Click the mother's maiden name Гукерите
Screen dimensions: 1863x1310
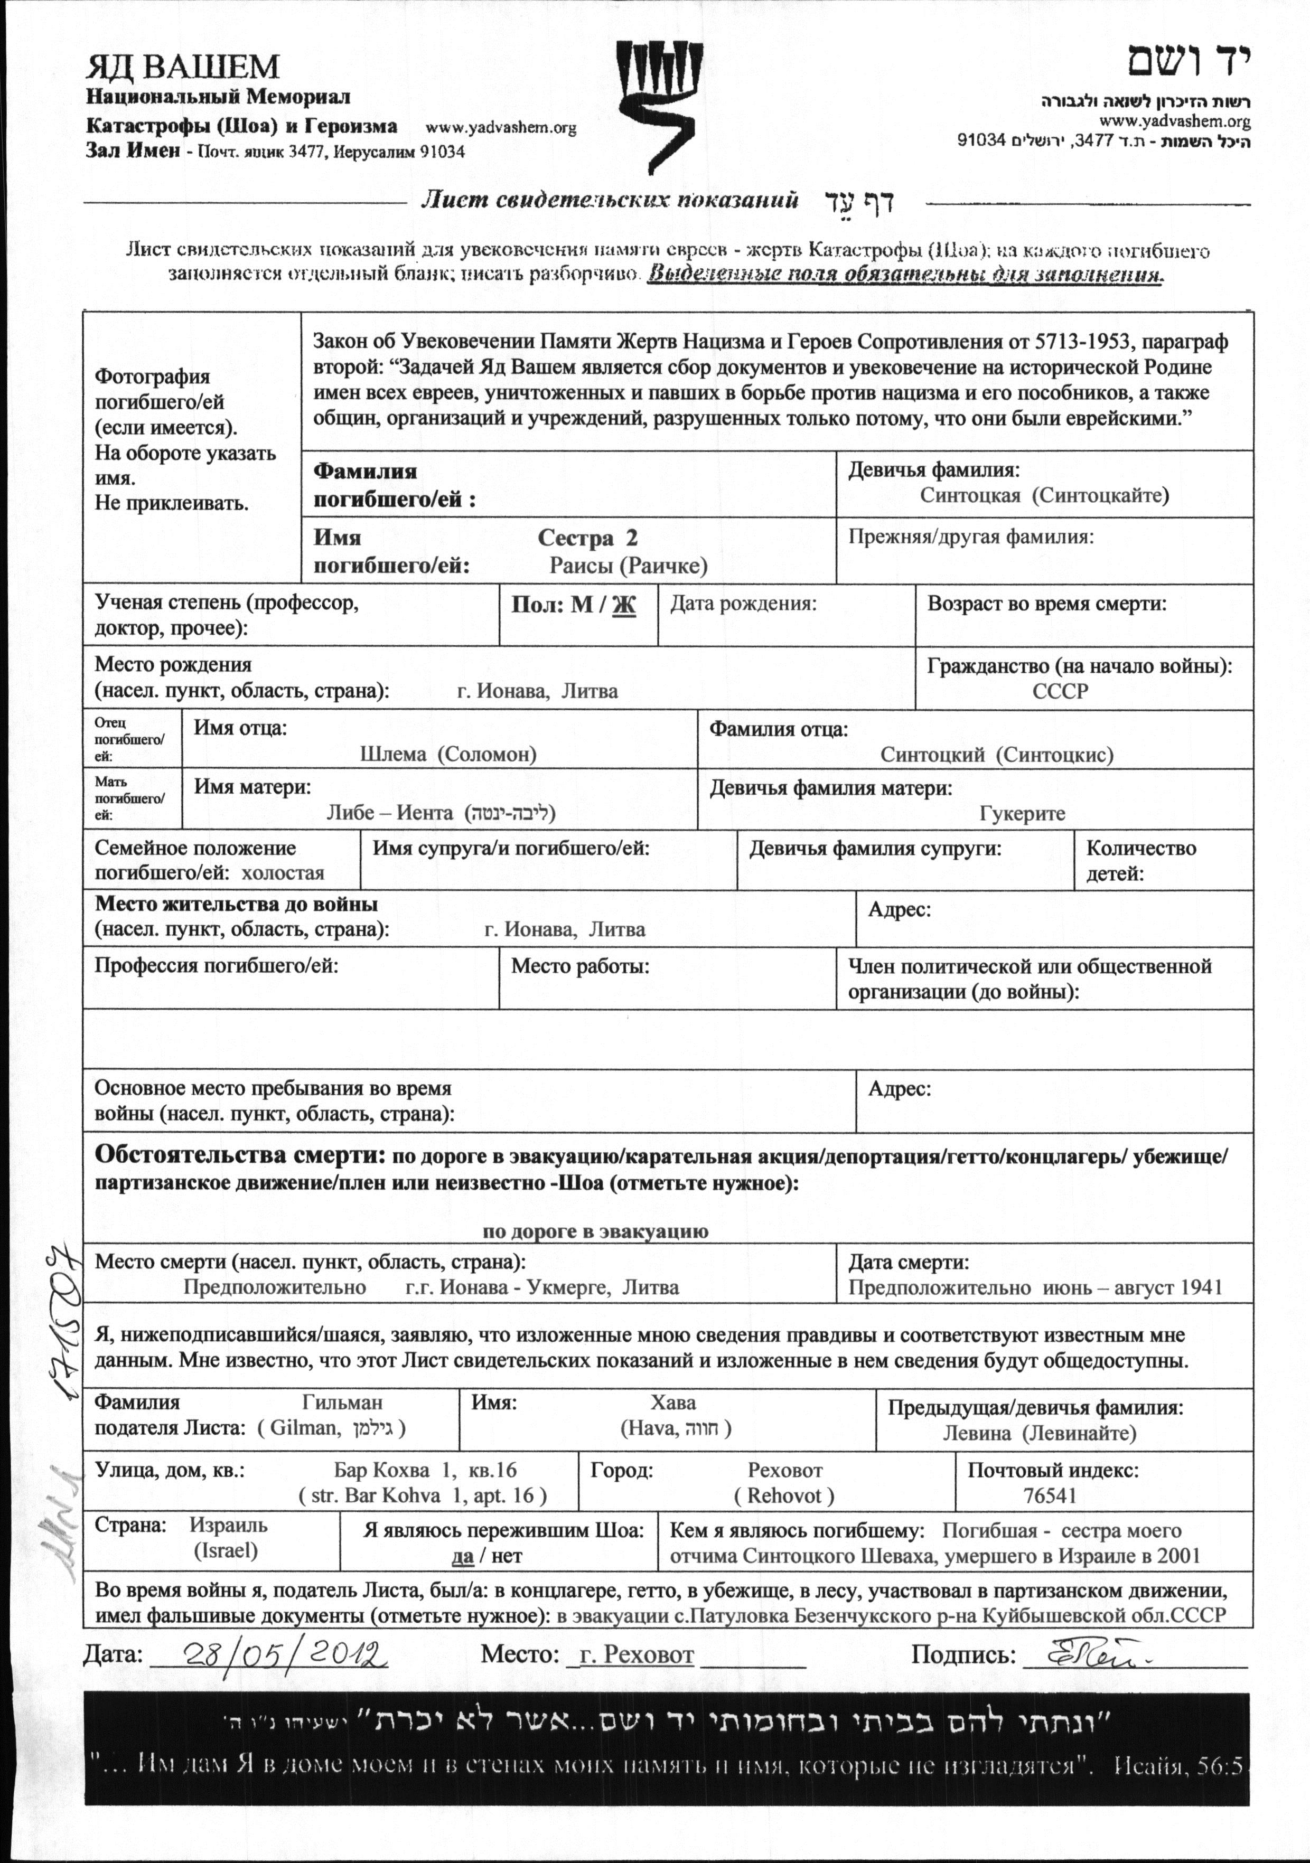point(1022,813)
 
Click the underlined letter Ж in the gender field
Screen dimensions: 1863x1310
point(623,605)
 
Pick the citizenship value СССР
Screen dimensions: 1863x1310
point(1060,691)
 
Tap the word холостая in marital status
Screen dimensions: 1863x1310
point(283,873)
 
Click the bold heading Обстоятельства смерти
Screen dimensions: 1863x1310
point(239,1155)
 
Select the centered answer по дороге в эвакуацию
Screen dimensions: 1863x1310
point(595,1231)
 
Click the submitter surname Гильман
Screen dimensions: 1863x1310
point(342,1402)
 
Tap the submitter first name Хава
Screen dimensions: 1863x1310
point(673,1402)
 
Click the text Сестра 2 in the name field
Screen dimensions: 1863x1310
point(587,538)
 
